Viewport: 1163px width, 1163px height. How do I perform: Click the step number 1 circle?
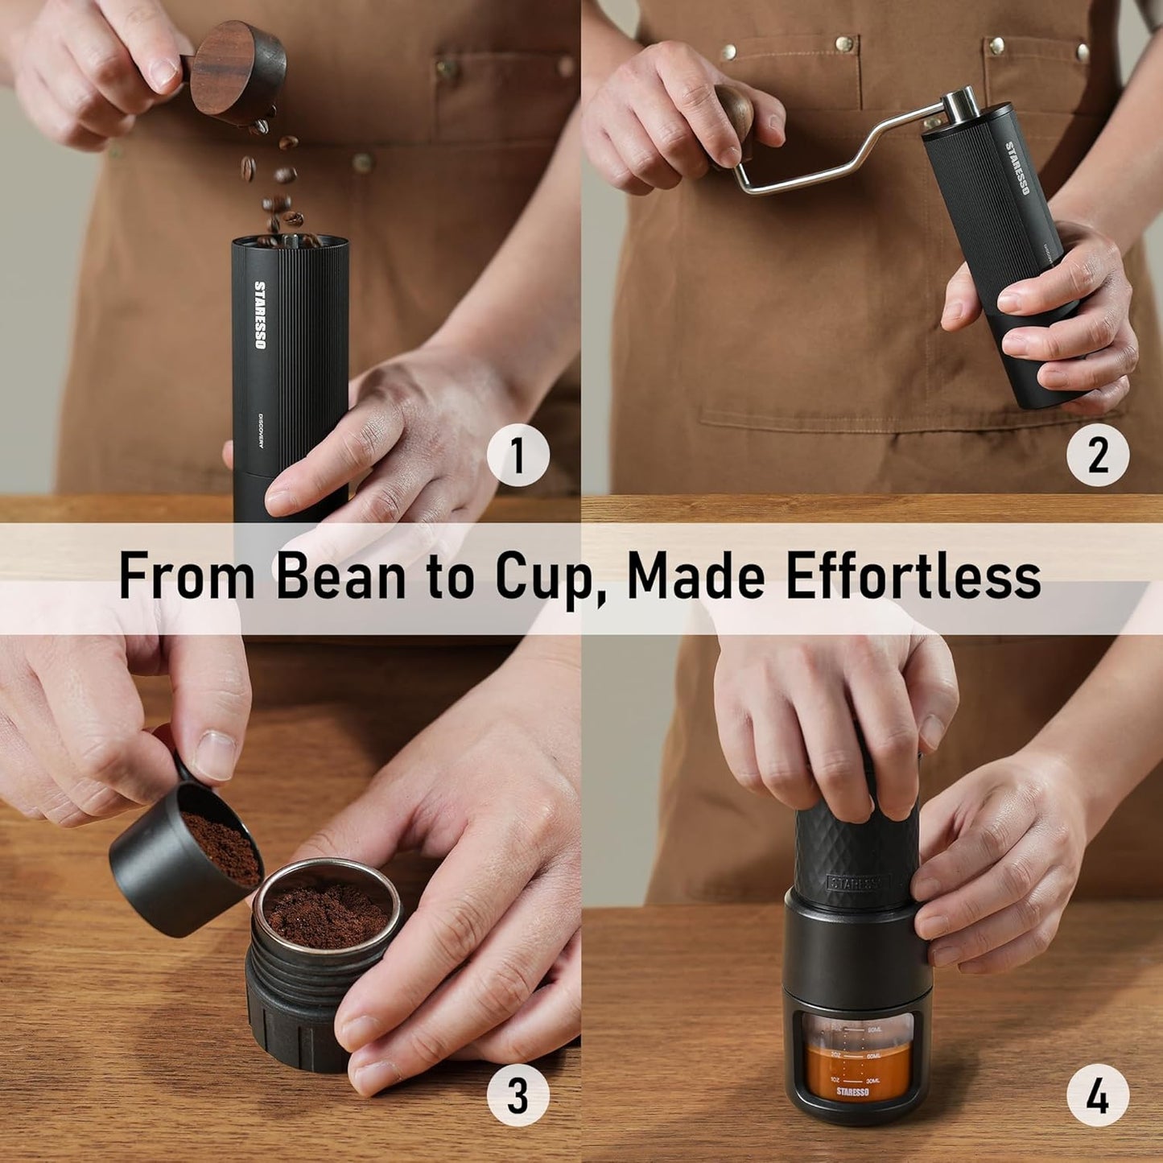[x=518, y=456]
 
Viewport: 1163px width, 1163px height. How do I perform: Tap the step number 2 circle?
[x=1098, y=456]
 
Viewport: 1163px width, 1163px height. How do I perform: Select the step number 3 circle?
[x=518, y=1095]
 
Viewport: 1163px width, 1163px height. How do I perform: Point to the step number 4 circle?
[x=1098, y=1095]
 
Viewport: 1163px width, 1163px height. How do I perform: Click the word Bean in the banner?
[x=341, y=576]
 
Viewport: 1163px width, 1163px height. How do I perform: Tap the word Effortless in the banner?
[x=913, y=576]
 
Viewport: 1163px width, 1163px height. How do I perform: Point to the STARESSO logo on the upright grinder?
[x=260, y=315]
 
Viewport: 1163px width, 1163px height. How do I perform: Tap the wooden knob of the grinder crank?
[x=733, y=113]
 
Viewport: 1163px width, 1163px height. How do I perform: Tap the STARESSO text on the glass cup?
[x=852, y=1092]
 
